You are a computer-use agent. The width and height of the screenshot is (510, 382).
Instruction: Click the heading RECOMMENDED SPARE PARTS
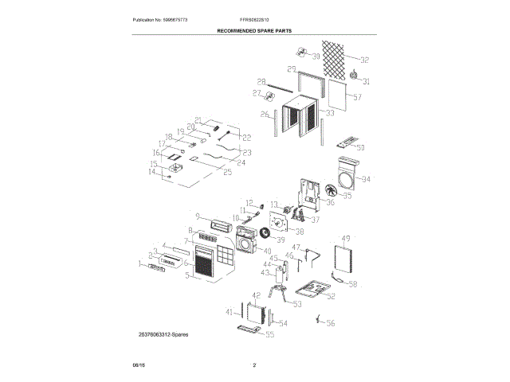point(254,29)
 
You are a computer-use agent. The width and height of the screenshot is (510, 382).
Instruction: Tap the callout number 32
point(364,60)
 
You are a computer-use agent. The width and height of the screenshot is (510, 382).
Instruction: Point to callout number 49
point(346,239)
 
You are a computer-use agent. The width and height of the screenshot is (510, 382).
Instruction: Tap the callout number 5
point(187,276)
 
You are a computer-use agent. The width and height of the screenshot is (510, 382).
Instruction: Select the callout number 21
point(198,120)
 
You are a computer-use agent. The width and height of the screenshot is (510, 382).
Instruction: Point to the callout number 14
point(152,171)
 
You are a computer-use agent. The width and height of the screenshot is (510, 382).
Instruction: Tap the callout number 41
point(229,310)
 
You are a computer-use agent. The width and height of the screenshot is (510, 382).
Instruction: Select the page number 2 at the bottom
point(254,365)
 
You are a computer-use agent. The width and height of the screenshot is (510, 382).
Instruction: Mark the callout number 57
point(357,97)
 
